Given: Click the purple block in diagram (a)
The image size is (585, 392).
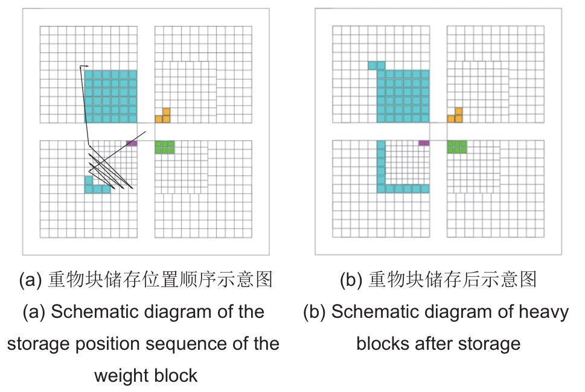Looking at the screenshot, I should pyautogui.click(x=132, y=144).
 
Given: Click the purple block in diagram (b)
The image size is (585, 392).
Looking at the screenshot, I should pyautogui.click(x=424, y=144).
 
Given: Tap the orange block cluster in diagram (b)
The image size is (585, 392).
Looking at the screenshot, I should pyautogui.click(x=456, y=116).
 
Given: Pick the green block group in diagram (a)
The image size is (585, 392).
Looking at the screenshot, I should pyautogui.click(x=165, y=147).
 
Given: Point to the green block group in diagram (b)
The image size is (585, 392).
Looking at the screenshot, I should pyautogui.click(x=457, y=147).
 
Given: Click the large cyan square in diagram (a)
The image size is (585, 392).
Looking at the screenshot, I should pyautogui.click(x=110, y=96).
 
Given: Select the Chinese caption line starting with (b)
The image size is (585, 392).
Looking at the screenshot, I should pyautogui.click(x=438, y=279).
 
